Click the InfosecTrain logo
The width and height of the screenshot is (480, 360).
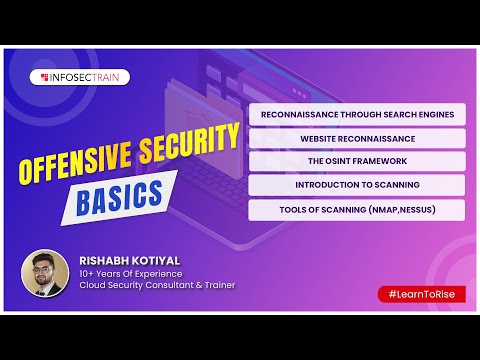[83, 76]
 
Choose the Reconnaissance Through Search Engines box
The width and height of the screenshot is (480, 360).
[357, 114]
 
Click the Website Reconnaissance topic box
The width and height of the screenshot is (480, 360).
[357, 138]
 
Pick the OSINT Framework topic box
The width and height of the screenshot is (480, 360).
[357, 161]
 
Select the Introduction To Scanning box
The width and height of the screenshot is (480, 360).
[357, 185]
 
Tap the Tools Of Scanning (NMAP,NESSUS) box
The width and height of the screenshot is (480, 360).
[357, 210]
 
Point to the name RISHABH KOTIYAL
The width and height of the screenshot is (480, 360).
[128, 259]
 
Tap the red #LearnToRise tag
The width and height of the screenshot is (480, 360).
[422, 294]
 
